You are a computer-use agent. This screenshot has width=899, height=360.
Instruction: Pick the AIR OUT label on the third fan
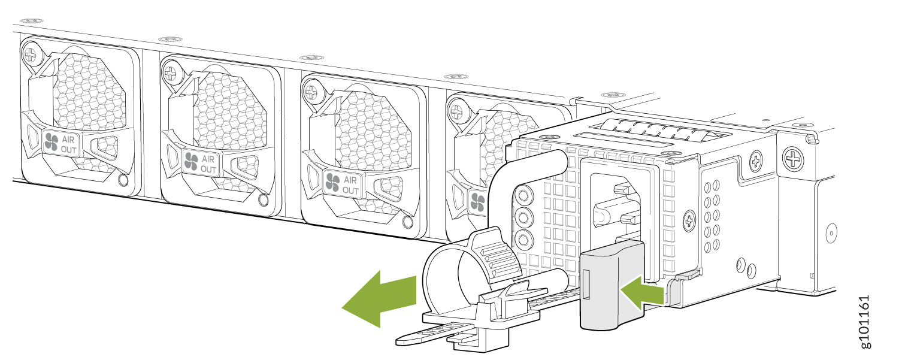(343, 184)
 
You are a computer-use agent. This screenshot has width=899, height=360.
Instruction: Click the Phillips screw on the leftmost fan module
(30, 56)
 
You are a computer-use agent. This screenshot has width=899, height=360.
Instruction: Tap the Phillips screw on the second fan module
(170, 74)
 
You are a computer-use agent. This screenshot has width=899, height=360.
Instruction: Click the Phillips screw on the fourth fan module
(456, 111)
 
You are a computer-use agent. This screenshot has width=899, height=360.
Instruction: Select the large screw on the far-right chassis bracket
(795, 159)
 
